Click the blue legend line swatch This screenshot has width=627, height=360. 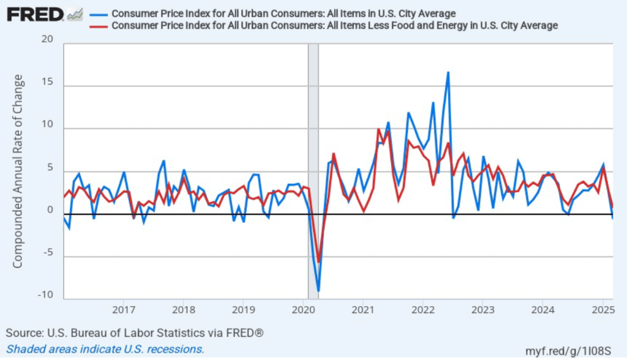(98, 13)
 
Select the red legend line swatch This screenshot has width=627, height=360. (98, 26)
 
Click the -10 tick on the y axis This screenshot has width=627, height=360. (45, 295)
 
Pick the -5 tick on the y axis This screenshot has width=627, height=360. (47, 253)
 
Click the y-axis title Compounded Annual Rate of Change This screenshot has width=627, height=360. (18, 171)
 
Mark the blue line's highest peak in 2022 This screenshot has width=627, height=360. (448, 72)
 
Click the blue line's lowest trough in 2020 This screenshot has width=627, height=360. (318, 291)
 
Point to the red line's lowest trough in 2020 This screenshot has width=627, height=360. (318, 261)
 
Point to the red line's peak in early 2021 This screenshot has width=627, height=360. (378, 130)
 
